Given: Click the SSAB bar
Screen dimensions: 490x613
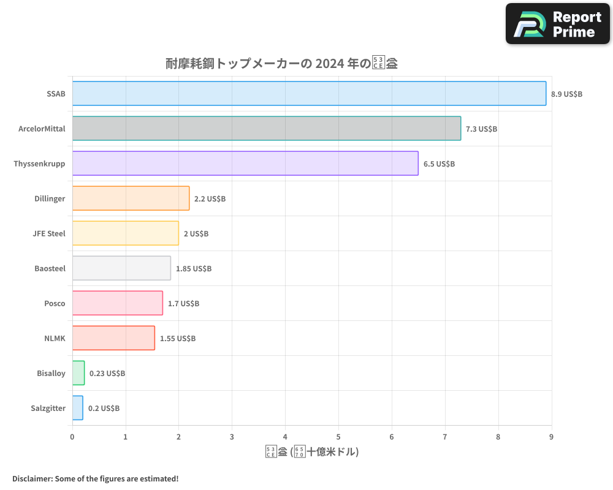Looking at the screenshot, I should [309, 94].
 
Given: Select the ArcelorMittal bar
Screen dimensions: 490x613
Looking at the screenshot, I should [267, 129].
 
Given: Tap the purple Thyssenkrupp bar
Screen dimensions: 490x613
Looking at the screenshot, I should [245, 164].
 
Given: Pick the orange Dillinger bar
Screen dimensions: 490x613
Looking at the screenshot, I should [131, 198].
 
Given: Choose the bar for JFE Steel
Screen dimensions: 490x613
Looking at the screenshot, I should [126, 233].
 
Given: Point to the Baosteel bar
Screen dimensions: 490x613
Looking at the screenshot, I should [121, 268].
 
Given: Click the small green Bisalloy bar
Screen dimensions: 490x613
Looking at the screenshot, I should [78, 373].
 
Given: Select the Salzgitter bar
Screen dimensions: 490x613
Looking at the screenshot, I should [77, 408].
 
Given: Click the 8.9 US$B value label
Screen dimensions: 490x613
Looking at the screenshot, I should [566, 94].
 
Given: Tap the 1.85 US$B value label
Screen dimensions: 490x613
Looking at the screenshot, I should [194, 269].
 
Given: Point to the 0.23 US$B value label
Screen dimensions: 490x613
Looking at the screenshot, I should [107, 374].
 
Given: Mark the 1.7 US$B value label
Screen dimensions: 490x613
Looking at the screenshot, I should [183, 304].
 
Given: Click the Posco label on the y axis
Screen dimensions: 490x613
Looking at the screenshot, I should [55, 304].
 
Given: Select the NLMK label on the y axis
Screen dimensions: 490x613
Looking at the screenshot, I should [55, 339].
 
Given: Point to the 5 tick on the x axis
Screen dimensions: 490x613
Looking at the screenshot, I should [338, 437].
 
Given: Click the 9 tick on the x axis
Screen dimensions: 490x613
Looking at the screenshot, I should [551, 437].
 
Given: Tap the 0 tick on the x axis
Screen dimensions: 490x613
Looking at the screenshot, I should [72, 437].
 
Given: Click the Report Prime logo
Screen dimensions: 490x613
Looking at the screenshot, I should [558, 24].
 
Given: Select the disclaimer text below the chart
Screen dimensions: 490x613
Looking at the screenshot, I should [96, 478].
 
